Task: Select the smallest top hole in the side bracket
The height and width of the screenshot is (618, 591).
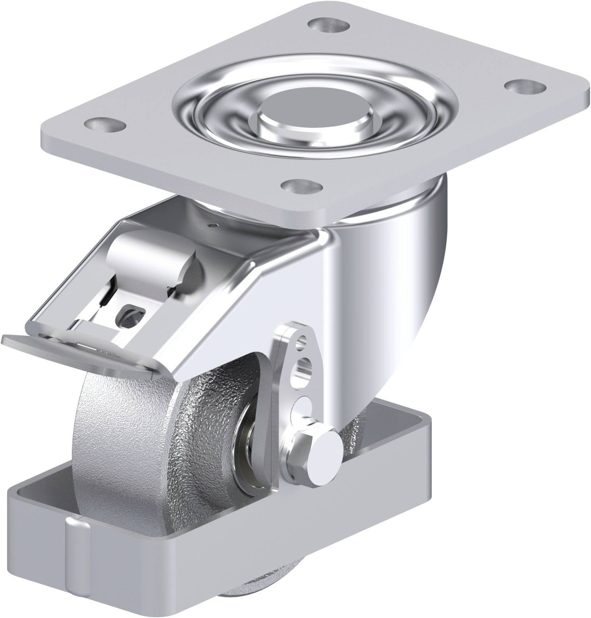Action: [303, 340]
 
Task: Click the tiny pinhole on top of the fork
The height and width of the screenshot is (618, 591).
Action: [214, 226]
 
